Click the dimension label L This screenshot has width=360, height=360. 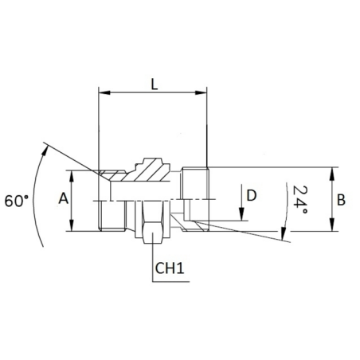pyautogui.click(x=155, y=84)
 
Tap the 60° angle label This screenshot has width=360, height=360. pyautogui.click(x=17, y=201)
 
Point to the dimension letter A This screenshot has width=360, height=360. pyautogui.click(x=64, y=198)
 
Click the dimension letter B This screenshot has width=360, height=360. pyautogui.click(x=341, y=200)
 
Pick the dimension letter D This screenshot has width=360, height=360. pyautogui.click(x=252, y=195)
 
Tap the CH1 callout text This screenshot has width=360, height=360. pyautogui.click(x=170, y=268)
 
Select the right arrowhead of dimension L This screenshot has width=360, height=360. pyautogui.click(x=201, y=92)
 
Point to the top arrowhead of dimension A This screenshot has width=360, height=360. pyautogui.click(x=72, y=176)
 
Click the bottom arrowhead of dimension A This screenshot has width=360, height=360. pyautogui.click(x=72, y=225)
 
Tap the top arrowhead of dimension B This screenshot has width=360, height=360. pyautogui.click(x=331, y=173)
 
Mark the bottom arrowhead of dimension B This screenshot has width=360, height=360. pyautogui.click(x=331, y=225)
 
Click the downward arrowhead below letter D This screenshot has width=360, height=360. pyautogui.click(x=241, y=214)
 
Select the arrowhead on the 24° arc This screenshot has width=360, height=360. pyautogui.click(x=284, y=234)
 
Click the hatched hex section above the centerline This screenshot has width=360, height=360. pyautogui.click(x=147, y=170)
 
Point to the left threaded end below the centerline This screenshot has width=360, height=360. pyautogui.click(x=112, y=215)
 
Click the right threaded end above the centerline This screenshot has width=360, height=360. pyautogui.click(x=195, y=183)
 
